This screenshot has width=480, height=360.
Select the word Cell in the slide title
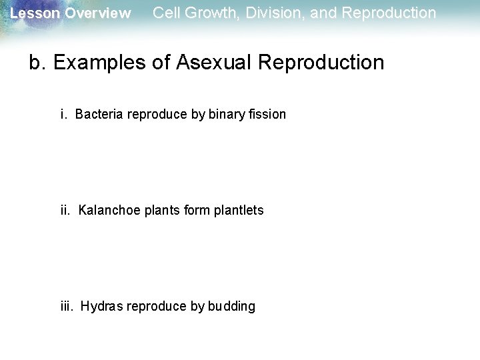point(165,13)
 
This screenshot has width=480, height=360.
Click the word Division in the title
point(267,13)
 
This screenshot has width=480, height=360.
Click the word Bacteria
point(97,114)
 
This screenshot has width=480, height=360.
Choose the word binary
point(226,114)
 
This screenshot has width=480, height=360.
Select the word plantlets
point(239,210)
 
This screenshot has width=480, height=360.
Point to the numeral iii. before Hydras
point(67,306)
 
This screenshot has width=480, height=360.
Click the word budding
point(231,306)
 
